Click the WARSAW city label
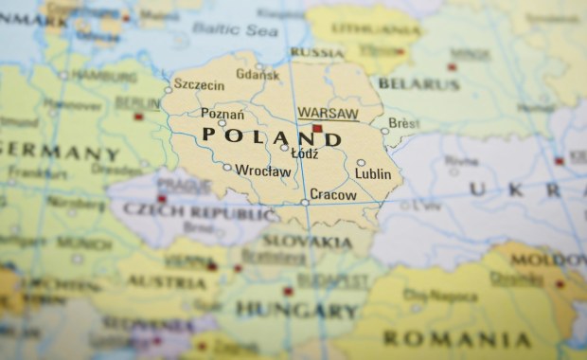point(328,113)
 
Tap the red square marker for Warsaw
point(317,128)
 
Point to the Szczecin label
point(200,84)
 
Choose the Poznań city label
point(222,115)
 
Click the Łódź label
point(304,152)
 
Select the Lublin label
point(372,174)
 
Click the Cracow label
point(333,195)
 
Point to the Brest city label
point(403,124)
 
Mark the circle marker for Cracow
point(305,202)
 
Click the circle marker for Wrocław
point(227,168)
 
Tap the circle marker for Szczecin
point(169,90)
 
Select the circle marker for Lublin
point(361,163)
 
